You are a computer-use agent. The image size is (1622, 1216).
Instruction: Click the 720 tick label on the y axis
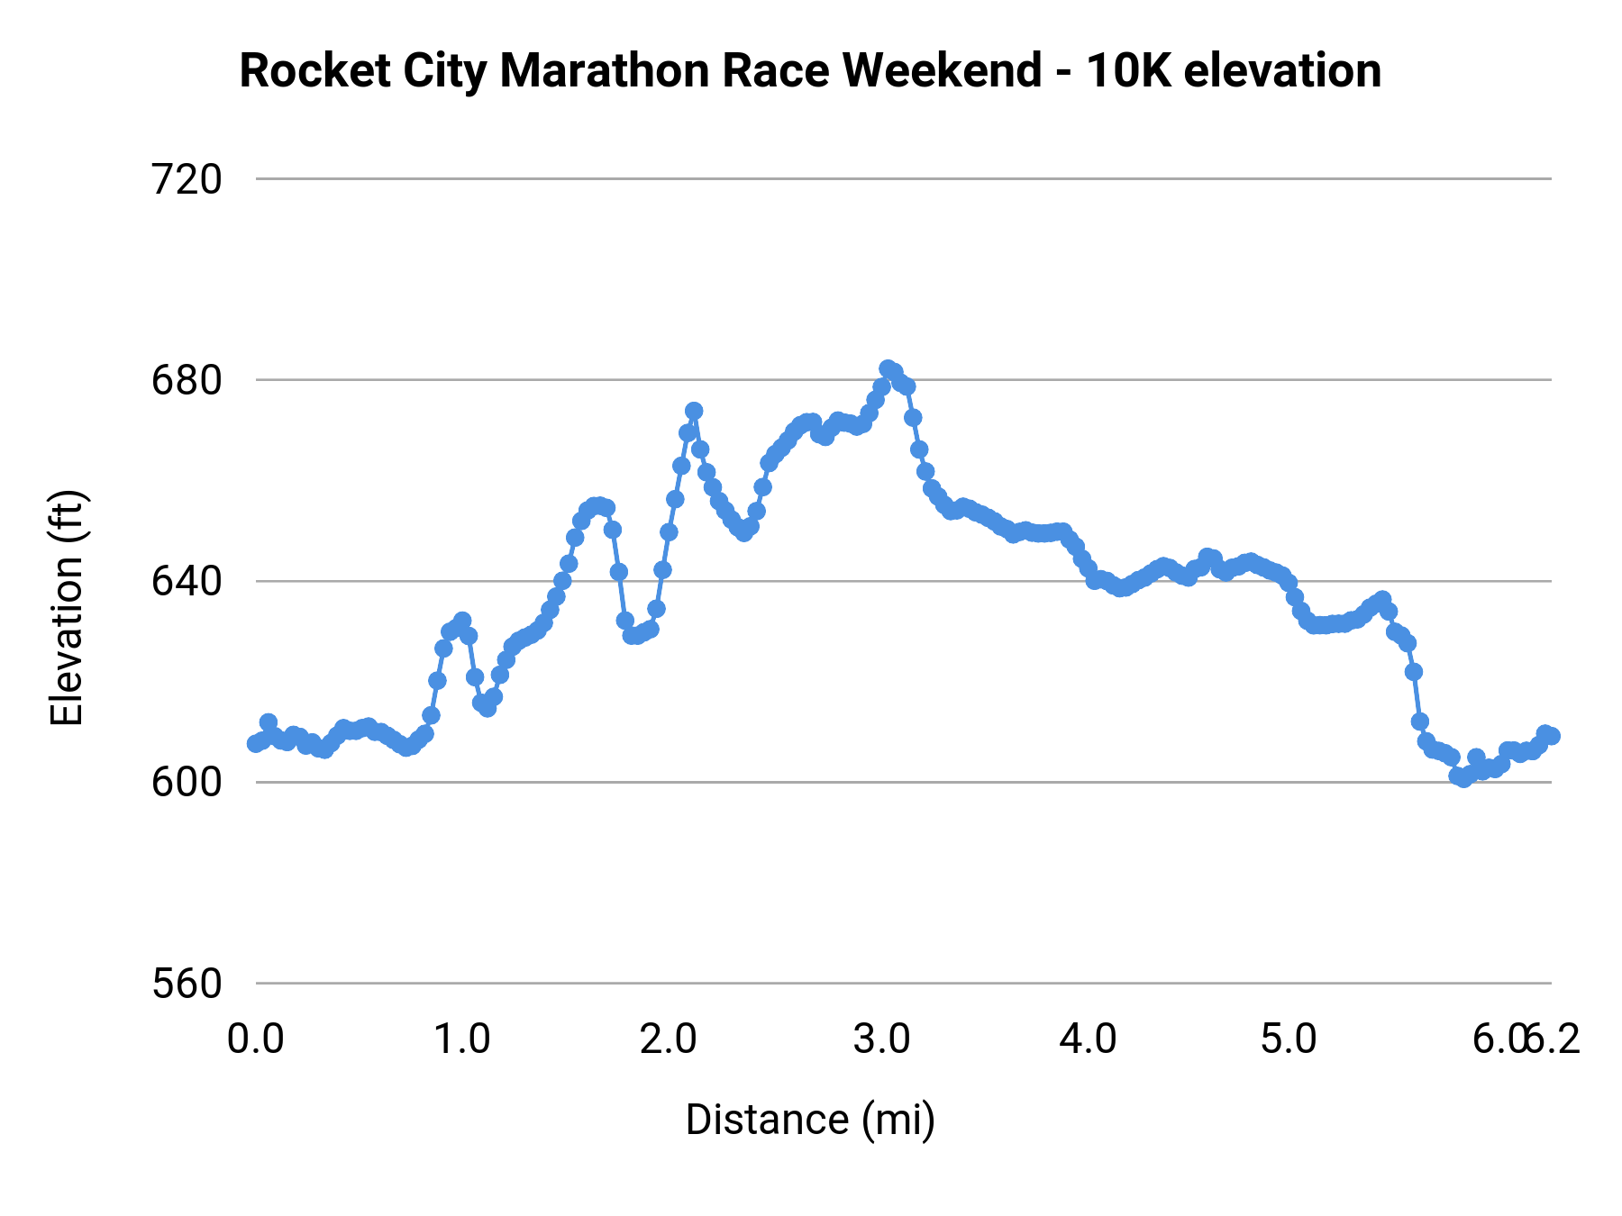pos(187,180)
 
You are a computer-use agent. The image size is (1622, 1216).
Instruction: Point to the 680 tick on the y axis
pos(187,381)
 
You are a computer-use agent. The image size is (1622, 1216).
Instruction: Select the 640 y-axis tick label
pos(187,582)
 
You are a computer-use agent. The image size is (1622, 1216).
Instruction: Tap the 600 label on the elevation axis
pos(187,783)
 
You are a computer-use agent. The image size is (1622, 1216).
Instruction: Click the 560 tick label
pos(187,984)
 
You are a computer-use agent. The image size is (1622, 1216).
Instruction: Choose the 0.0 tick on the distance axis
pos(255,1039)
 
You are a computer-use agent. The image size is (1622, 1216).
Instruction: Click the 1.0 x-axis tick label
pos(462,1039)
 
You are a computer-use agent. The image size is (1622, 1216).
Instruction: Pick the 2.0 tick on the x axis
pos(669,1039)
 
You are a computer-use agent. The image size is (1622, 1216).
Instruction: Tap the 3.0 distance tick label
pos(881,1039)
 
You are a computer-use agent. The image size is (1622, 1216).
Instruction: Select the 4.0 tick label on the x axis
pos(1088,1039)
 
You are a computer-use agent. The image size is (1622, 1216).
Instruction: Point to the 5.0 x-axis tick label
pos(1289,1039)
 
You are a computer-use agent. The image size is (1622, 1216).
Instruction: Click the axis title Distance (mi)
pos(810,1121)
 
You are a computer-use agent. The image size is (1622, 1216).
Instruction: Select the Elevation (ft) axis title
pos(67,608)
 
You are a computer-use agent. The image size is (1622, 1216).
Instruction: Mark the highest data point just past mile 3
pos(888,368)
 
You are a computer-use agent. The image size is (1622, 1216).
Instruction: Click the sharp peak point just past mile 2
pos(694,411)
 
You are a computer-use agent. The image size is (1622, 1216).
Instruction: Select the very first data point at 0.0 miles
pos(255,744)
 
